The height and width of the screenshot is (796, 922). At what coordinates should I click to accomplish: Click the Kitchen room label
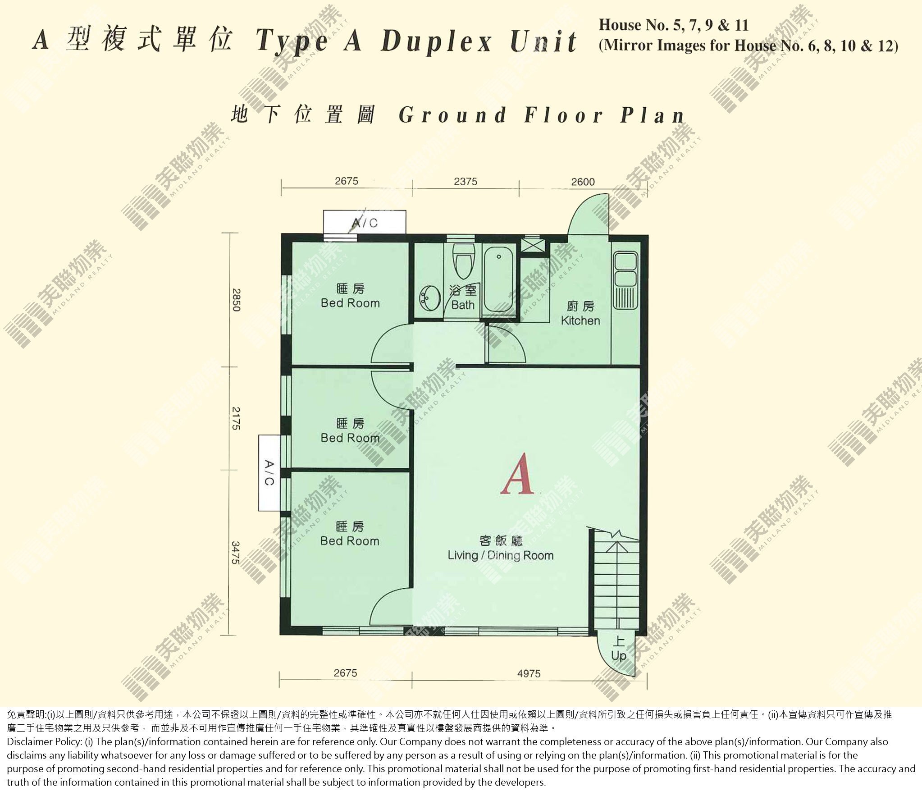pyautogui.click(x=580, y=314)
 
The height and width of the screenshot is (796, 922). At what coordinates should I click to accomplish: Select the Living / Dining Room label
pyautogui.click(x=500, y=548)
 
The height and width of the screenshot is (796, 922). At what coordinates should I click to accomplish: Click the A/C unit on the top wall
pyautogui.click(x=365, y=222)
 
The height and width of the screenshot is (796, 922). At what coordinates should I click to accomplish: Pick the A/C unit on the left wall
pyautogui.click(x=269, y=473)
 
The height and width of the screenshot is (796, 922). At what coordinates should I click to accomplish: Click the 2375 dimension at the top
pyautogui.click(x=466, y=181)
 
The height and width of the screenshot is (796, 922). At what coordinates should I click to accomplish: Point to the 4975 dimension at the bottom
pyautogui.click(x=529, y=673)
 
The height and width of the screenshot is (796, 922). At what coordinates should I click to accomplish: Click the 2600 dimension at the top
pyautogui.click(x=583, y=182)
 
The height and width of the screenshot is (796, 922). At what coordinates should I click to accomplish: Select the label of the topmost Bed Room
pyautogui.click(x=350, y=296)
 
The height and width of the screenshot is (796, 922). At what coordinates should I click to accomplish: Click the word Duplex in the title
pyautogui.click(x=436, y=42)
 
